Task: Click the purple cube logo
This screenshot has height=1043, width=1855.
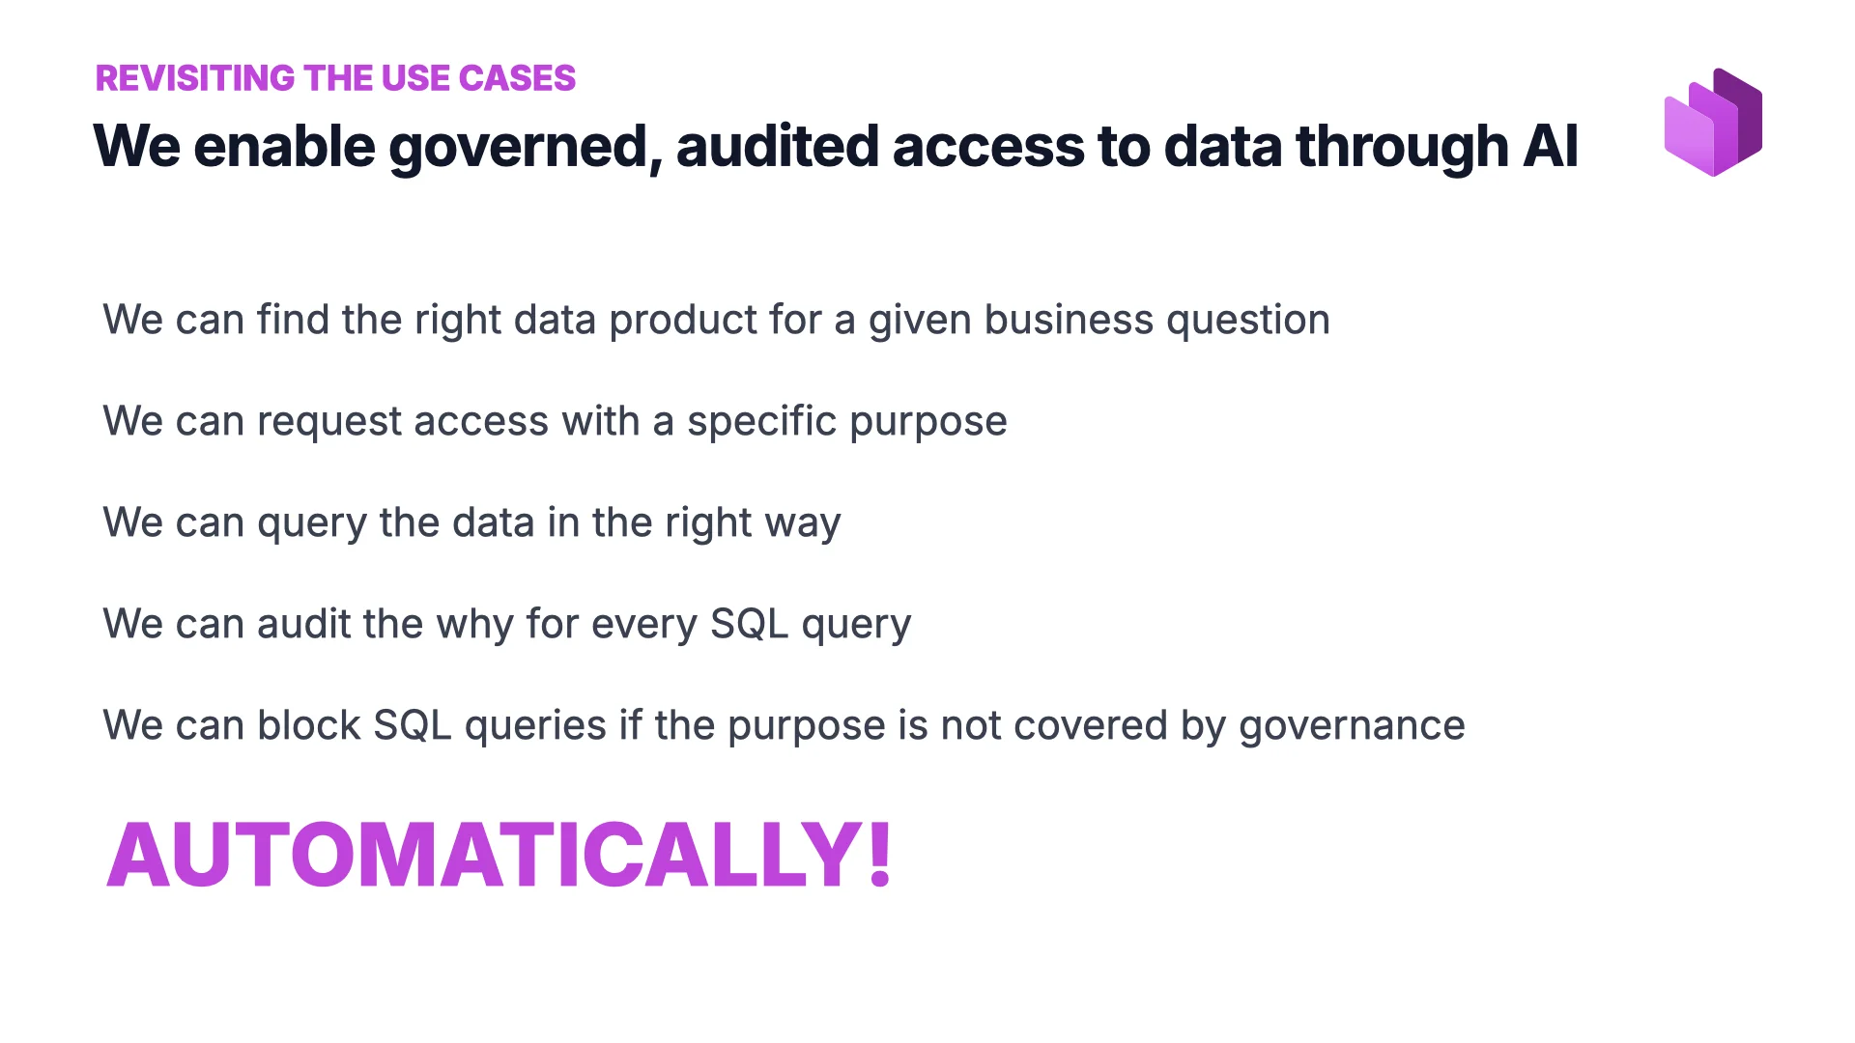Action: pyautogui.click(x=1713, y=123)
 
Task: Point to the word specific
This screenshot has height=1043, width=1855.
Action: pyautogui.click(x=761, y=422)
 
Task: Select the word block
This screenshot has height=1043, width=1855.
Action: pyautogui.click(x=308, y=725)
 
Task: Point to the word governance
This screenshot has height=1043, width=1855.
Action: pyautogui.click(x=1352, y=726)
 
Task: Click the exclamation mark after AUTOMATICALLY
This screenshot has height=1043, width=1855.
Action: pyautogui.click(x=879, y=854)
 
